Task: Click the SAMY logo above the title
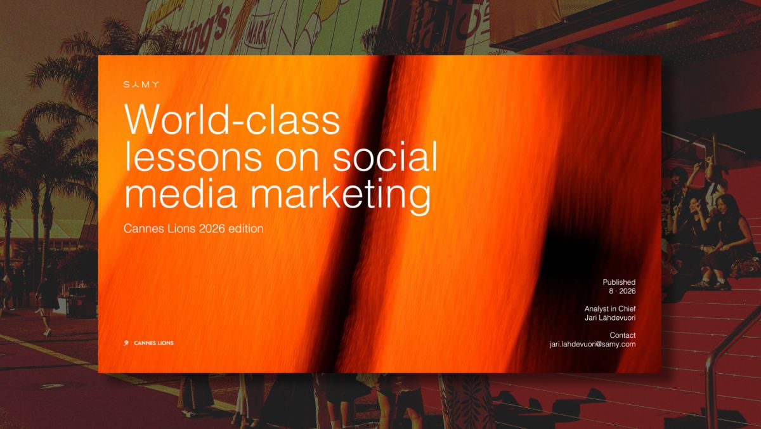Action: (141, 84)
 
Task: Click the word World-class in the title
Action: (232, 120)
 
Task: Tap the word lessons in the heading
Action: (193, 157)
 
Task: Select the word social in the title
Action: (384, 156)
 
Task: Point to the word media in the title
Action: (181, 193)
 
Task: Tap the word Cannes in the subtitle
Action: (144, 228)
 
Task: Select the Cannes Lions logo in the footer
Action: (148, 343)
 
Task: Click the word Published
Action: (619, 282)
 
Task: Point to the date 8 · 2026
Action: (622, 291)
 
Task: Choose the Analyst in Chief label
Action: (610, 308)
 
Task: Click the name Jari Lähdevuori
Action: (610, 317)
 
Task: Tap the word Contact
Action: (622, 335)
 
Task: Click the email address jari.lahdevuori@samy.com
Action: (592, 344)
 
